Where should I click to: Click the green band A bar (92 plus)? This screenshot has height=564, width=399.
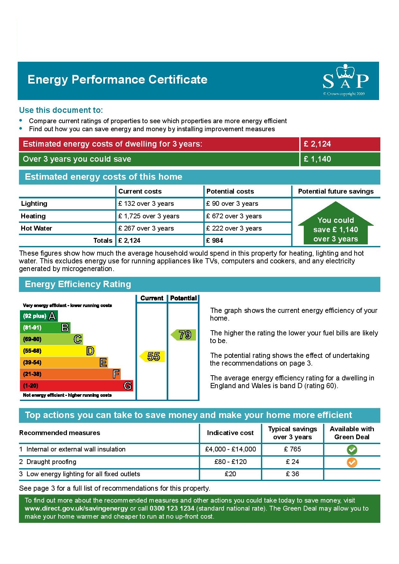tap(39, 316)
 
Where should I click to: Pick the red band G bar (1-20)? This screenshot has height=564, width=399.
tap(76, 386)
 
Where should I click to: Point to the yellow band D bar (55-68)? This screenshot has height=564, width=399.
tap(58, 351)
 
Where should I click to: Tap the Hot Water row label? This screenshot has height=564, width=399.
tap(36, 228)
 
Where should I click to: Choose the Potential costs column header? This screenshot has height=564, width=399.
tap(230, 191)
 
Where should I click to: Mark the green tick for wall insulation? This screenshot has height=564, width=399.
tap(352, 450)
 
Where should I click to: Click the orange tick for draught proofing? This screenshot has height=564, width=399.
tap(352, 462)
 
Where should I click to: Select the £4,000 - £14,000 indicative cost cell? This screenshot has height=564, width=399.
tap(230, 449)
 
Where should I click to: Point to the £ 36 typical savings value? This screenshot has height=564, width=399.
tap(292, 474)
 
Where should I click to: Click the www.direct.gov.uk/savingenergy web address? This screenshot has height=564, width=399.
tap(76, 508)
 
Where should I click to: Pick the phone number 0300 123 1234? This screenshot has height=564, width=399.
tap(172, 508)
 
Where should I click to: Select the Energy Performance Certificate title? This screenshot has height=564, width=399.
tap(117, 80)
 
